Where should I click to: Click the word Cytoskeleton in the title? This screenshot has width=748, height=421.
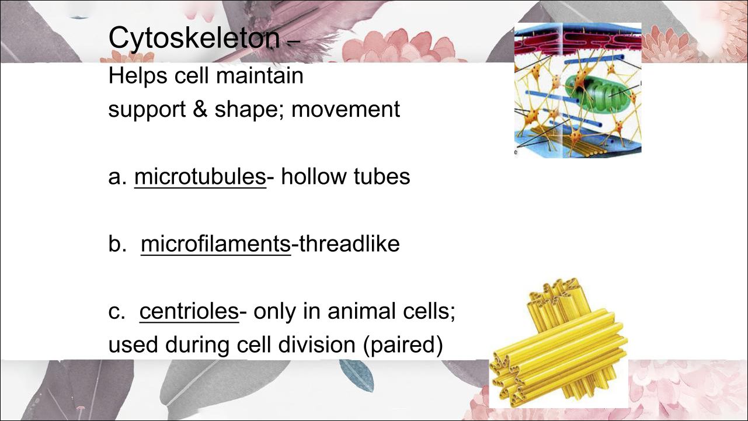click(194, 39)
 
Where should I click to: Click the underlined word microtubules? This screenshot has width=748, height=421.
click(200, 176)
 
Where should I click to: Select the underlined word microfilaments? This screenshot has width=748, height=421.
click(215, 243)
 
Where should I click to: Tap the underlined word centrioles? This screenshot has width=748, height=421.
click(189, 311)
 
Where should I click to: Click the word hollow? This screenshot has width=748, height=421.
click(313, 176)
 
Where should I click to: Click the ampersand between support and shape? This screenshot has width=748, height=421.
click(200, 110)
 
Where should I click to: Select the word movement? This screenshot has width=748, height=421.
click(346, 110)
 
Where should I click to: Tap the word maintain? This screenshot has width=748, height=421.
click(259, 75)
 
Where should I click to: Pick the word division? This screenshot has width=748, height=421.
click(316, 345)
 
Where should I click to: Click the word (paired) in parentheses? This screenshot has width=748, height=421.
click(403, 346)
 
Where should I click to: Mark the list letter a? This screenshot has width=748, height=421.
click(117, 177)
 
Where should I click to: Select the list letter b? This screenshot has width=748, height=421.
click(117, 243)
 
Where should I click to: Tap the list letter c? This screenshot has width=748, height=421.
click(117, 312)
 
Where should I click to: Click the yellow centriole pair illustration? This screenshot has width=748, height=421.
click(558, 343)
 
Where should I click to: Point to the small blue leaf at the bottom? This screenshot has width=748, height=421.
click(357, 375)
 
